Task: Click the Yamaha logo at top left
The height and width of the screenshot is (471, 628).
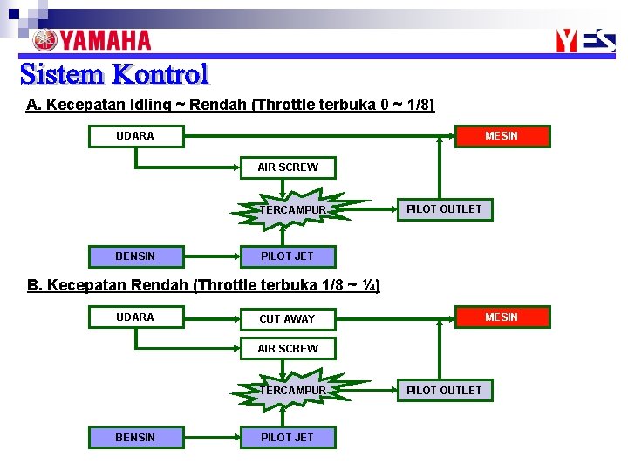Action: click(x=92, y=40)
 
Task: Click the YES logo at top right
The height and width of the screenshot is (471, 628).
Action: click(x=585, y=40)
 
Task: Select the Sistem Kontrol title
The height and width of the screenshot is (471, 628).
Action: click(x=114, y=74)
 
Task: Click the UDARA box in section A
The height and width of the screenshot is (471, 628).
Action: click(x=135, y=136)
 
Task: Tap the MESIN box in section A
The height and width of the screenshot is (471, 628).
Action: click(x=502, y=136)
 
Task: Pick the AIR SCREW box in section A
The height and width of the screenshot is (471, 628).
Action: click(x=288, y=167)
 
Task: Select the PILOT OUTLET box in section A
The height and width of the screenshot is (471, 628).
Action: click(x=444, y=209)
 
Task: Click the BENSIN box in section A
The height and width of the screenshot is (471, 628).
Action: click(x=135, y=256)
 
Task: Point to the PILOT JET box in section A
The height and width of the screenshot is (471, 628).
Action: click(x=288, y=256)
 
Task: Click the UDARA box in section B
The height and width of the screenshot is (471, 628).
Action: click(x=135, y=317)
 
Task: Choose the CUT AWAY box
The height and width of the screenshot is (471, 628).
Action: click(x=288, y=318)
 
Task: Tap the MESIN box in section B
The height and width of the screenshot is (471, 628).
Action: click(x=502, y=317)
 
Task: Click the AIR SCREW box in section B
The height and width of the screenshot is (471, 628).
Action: click(x=288, y=349)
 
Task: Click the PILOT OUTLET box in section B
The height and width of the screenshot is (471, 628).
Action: click(x=444, y=390)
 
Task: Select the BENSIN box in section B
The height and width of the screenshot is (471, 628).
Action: click(x=135, y=437)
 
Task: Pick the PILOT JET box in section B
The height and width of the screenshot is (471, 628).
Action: click(x=288, y=437)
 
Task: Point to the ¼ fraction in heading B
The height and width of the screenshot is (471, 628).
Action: click(x=366, y=286)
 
